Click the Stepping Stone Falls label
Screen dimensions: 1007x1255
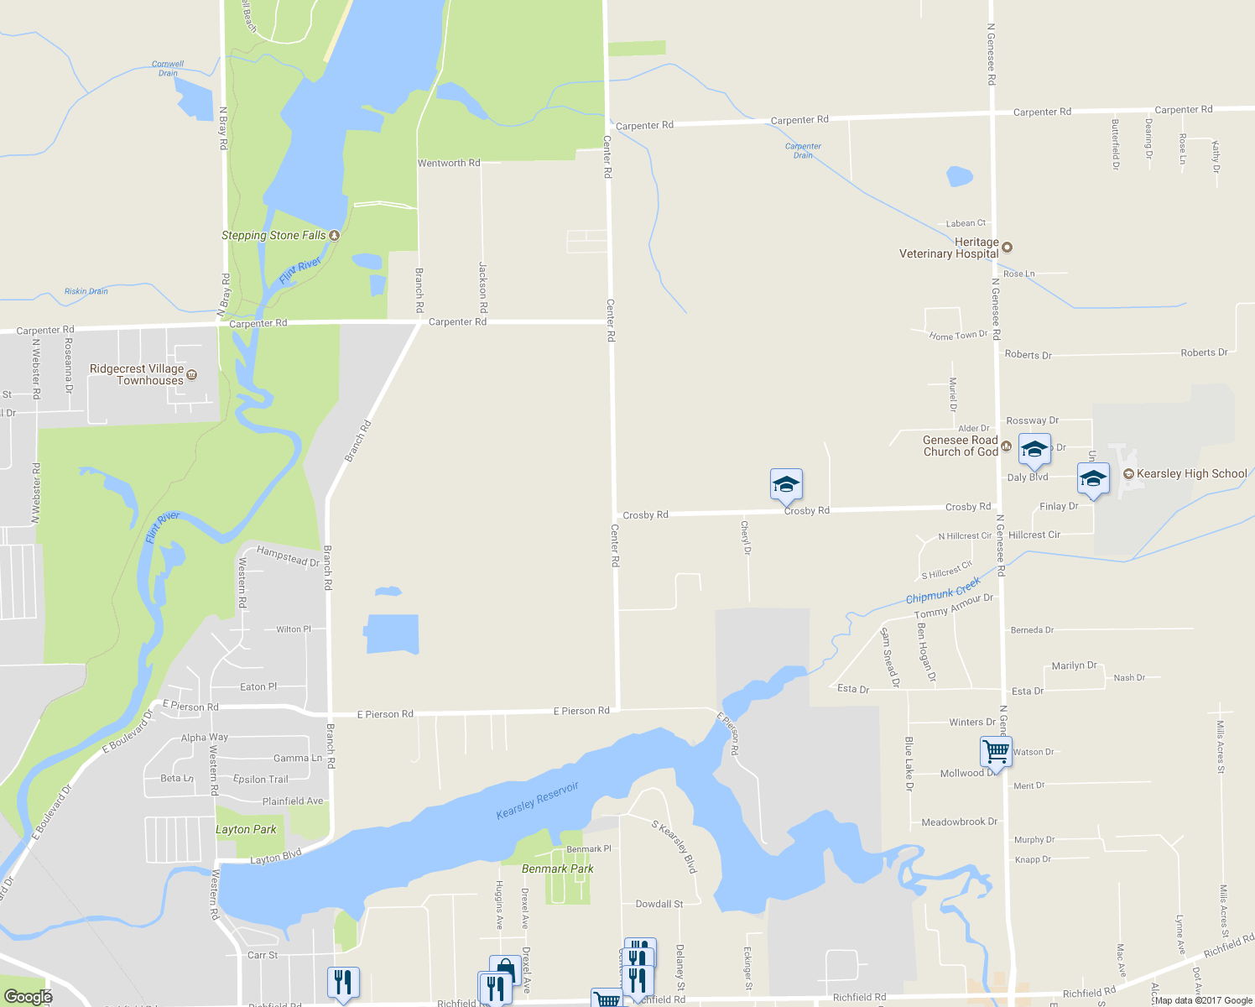pyautogui.click(x=273, y=236)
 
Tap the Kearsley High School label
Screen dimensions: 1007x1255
pyautogui.click(x=1191, y=474)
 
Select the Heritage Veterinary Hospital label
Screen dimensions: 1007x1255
pyautogui.click(x=949, y=248)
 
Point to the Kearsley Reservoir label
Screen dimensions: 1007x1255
pyautogui.click(x=538, y=801)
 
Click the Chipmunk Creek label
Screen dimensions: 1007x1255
pyautogui.click(x=943, y=591)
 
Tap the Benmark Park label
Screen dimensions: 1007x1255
pyautogui.click(x=557, y=869)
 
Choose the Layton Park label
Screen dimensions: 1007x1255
pyautogui.click(x=246, y=829)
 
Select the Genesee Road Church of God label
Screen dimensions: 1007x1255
pyautogui.click(x=961, y=446)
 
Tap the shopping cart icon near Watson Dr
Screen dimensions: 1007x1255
pyautogui.click(x=996, y=751)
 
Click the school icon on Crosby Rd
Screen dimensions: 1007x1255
pyautogui.click(x=786, y=484)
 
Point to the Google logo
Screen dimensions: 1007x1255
pyautogui.click(x=28, y=996)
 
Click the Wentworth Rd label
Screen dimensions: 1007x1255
pyautogui.click(x=449, y=163)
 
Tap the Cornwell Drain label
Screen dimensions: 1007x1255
pyautogui.click(x=168, y=68)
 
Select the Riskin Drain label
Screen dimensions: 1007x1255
pyautogui.click(x=86, y=291)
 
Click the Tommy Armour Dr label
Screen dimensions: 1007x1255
pyautogui.click(x=953, y=606)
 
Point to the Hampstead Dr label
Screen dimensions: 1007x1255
pyautogui.click(x=288, y=556)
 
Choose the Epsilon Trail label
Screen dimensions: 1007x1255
pyautogui.click(x=260, y=780)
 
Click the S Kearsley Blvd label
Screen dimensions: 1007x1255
pyautogui.click(x=674, y=846)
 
